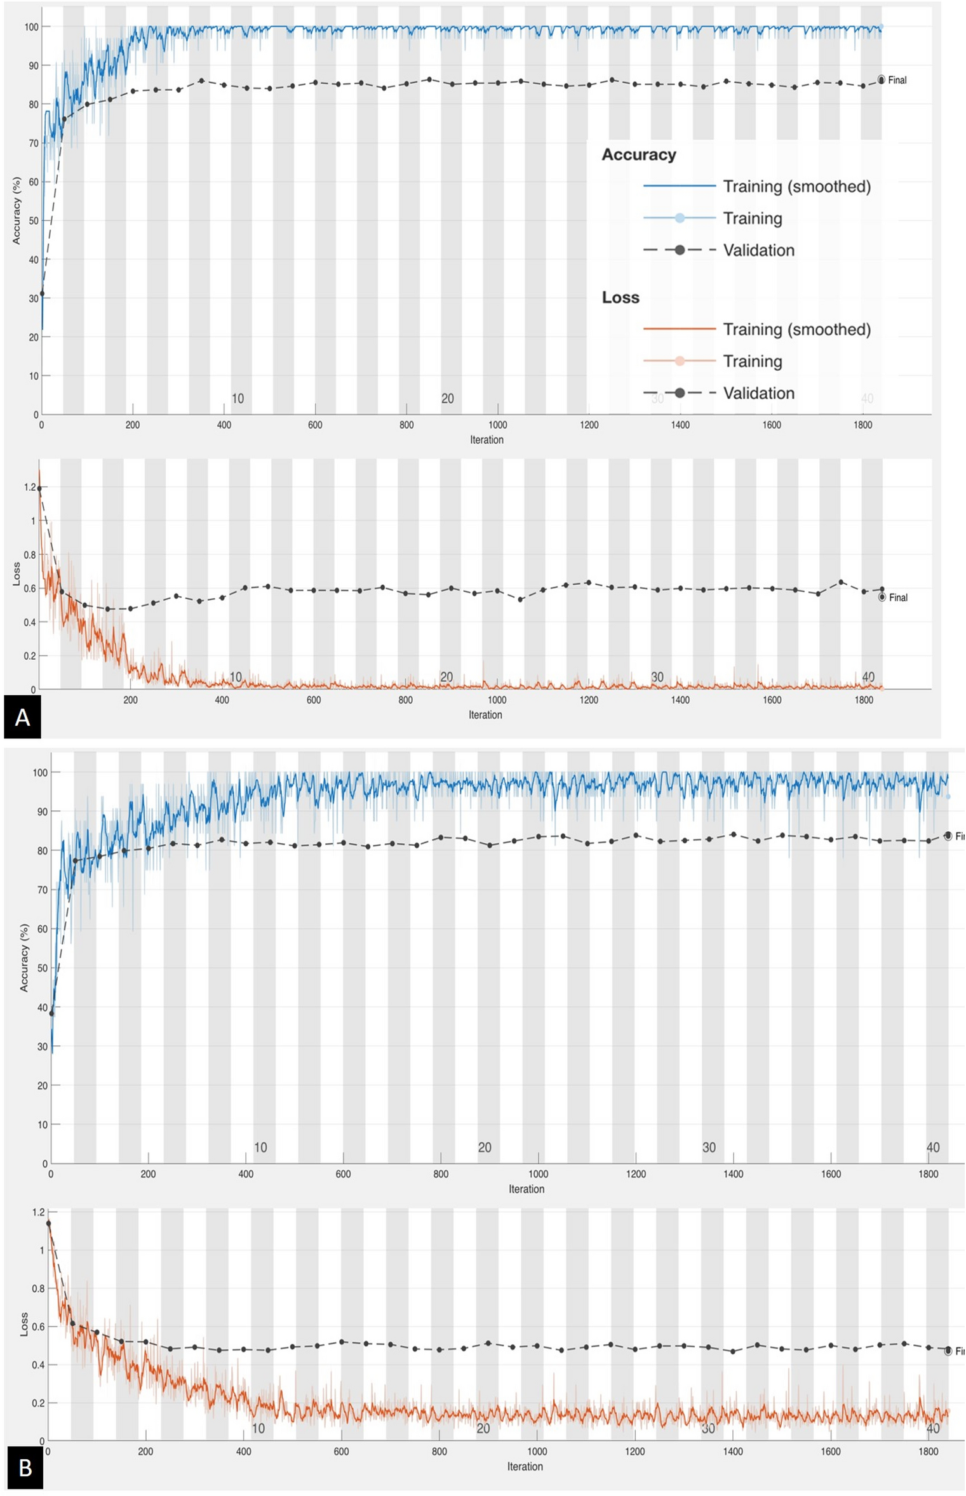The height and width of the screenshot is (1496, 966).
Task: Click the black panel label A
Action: pos(22,717)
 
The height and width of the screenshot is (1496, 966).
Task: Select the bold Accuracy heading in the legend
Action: pos(638,155)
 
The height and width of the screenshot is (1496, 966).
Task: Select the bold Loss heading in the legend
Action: pos(621,298)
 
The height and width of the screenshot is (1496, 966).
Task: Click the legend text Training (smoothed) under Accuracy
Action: pos(796,187)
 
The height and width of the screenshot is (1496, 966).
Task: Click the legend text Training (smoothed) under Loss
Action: pos(796,330)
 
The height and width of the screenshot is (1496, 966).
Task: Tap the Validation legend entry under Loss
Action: pos(758,393)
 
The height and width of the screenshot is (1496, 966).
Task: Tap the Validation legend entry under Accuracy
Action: pos(758,250)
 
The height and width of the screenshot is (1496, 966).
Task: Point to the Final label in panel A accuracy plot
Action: pos(897,80)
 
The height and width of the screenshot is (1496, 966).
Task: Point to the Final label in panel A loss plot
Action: pos(898,598)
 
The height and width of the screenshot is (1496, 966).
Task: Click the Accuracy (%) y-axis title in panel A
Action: pos(17,211)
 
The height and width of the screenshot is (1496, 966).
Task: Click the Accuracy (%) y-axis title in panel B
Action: pos(24,958)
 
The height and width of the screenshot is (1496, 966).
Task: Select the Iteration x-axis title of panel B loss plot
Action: pos(525,1466)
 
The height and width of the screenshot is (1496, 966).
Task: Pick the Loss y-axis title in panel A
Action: pos(16,574)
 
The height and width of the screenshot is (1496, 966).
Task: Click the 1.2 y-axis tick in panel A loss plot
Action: pos(30,488)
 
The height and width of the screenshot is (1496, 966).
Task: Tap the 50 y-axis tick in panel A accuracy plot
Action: pos(32,221)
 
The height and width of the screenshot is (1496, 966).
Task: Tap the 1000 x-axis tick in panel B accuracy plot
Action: pos(538,1174)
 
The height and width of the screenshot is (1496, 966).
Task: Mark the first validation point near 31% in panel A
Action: pos(42,293)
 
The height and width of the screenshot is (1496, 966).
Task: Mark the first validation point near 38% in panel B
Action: pos(51,1013)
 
